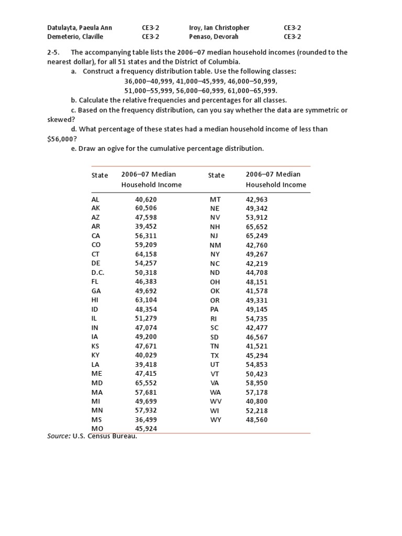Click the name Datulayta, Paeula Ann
pyautogui.click(x=80, y=28)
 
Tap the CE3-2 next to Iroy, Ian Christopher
pyautogui.click(x=292, y=28)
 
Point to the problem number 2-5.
pyautogui.click(x=54, y=52)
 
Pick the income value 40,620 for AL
pyautogui.click(x=146, y=199)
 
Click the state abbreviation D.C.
pyautogui.click(x=98, y=273)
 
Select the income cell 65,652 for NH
pyautogui.click(x=256, y=227)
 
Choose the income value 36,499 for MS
pyautogui.click(x=146, y=419)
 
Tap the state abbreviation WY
pyautogui.click(x=216, y=419)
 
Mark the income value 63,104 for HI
pyautogui.click(x=146, y=300)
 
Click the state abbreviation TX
pyautogui.click(x=215, y=355)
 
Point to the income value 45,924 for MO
pyautogui.click(x=146, y=428)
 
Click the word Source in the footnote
pyautogui.click(x=58, y=437)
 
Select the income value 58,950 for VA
pyautogui.click(x=256, y=383)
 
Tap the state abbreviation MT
pyautogui.click(x=216, y=199)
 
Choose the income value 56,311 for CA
pyautogui.click(x=146, y=236)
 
